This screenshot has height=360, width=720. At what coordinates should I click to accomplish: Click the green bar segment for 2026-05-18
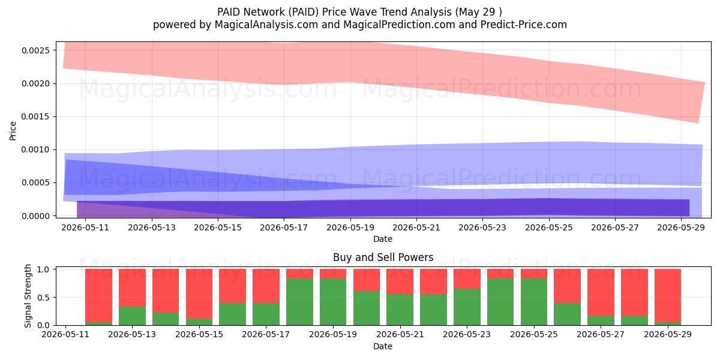[299, 302]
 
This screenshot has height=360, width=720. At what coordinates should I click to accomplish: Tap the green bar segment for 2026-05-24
[500, 302]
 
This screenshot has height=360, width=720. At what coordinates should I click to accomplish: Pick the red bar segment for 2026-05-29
[668, 295]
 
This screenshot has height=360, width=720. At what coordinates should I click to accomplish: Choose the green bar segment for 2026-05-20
[367, 308]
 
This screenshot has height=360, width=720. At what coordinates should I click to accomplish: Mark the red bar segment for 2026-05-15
[199, 294]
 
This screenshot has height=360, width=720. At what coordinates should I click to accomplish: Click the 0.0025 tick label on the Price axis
[35, 50]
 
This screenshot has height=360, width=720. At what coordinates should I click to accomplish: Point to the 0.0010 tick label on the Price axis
[35, 150]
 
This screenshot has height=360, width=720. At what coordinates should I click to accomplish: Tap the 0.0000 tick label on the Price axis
[35, 216]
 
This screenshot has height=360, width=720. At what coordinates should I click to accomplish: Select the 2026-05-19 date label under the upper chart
[350, 227]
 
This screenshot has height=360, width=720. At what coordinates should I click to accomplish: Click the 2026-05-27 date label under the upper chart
[615, 227]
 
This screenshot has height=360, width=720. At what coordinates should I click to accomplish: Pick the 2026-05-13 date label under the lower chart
[132, 334]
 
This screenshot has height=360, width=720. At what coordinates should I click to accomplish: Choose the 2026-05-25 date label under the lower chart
[534, 334]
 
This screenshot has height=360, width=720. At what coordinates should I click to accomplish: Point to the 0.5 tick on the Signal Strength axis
[44, 298]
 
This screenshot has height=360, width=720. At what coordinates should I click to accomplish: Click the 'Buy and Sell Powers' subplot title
[383, 257]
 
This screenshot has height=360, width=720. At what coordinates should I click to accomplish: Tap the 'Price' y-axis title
[13, 131]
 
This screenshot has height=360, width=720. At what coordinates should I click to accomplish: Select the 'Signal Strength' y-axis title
[28, 296]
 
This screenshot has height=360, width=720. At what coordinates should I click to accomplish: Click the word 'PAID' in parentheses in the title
[303, 12]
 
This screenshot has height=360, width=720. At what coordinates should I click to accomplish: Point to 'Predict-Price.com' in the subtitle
[524, 25]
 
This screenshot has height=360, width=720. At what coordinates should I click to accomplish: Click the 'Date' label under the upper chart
[383, 239]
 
